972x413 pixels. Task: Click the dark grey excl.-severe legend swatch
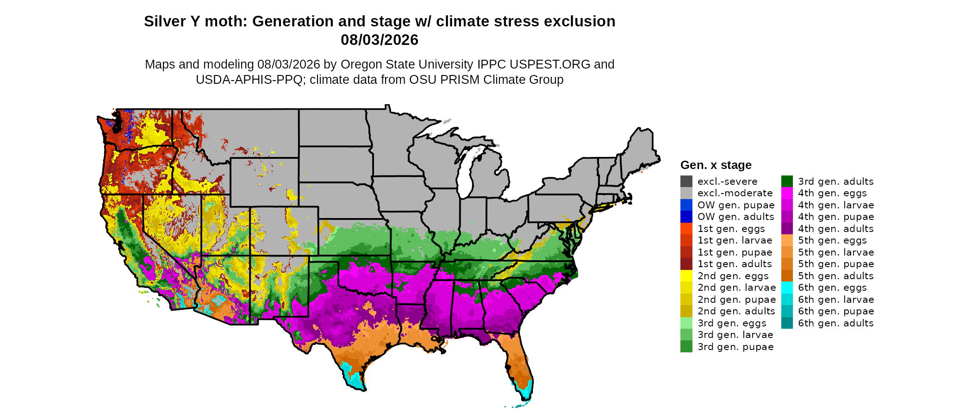tap(686, 181)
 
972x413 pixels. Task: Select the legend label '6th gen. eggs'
tap(832, 288)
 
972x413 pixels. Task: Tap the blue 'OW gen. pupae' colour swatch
tap(686, 205)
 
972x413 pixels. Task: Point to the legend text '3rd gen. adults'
tap(836, 181)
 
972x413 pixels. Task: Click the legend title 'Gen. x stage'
tap(716, 165)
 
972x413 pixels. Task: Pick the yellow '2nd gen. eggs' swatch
tap(686, 276)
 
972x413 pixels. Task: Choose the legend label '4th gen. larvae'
tap(836, 205)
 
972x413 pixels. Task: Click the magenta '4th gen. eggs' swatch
tap(787, 193)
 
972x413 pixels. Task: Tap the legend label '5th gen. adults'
tap(836, 276)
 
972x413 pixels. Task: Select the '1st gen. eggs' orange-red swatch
tap(686, 229)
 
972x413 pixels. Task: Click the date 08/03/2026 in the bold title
tap(380, 40)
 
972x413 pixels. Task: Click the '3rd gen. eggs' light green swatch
tap(686, 323)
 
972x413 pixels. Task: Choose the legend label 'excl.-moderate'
tap(735, 193)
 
